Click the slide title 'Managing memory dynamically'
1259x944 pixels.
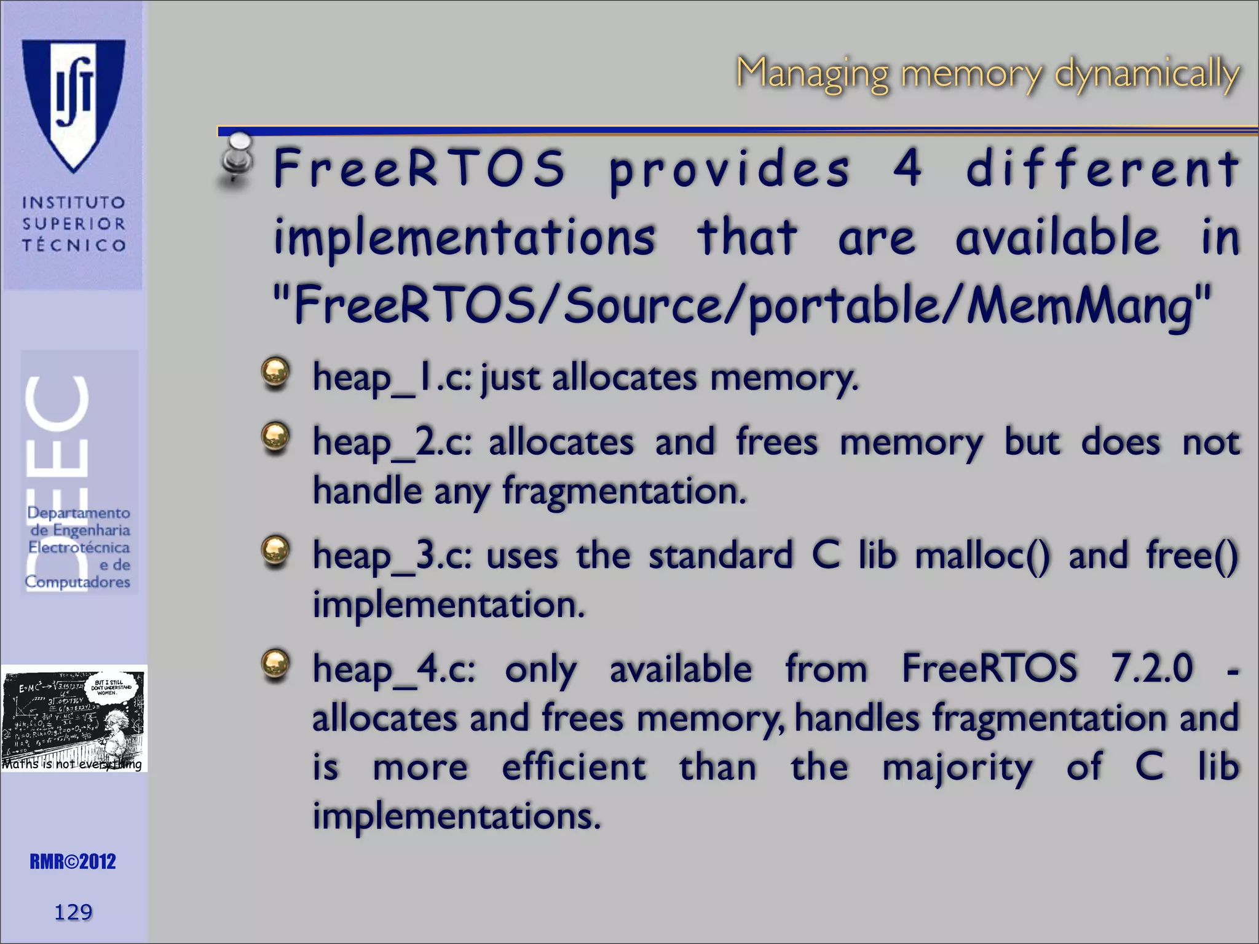point(987,74)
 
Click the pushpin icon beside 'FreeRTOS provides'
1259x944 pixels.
point(236,159)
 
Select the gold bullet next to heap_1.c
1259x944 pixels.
point(275,372)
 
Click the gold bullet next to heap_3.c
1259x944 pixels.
point(275,550)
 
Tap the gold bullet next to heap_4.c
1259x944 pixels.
point(275,664)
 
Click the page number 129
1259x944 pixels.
point(73,911)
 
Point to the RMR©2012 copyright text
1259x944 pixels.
point(73,861)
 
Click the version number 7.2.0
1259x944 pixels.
point(1151,668)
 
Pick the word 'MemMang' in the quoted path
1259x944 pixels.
point(1079,305)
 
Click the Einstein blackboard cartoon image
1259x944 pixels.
point(74,717)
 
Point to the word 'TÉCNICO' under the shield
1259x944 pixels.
point(74,245)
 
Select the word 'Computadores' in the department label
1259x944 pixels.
point(77,581)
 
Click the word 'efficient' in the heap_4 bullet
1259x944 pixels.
point(574,768)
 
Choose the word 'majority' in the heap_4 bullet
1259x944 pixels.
point(957,768)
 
